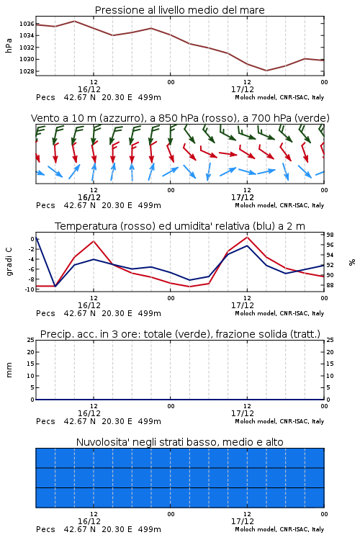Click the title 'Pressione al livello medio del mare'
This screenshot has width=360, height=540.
pos(179,10)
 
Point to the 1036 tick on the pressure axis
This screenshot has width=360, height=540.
pos(27,24)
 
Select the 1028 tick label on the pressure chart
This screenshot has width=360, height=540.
pos(27,71)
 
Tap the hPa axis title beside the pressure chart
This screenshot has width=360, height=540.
pos(9,45)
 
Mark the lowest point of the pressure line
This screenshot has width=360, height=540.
pos(266,71)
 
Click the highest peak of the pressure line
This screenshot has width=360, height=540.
pos(74,21)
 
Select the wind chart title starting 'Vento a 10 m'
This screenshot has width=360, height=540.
pos(180,118)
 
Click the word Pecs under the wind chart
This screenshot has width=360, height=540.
pos(45,205)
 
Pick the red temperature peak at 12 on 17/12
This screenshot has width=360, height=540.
pos(247,237)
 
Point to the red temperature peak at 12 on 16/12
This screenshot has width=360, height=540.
pos(94,241)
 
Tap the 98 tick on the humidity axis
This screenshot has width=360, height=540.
pos(330,235)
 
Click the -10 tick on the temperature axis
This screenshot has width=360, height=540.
pos(30,289)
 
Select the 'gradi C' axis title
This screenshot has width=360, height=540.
pos(9,261)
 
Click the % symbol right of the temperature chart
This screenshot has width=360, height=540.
pos(352,262)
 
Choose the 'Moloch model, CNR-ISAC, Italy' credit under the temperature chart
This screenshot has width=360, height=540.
pos(279,313)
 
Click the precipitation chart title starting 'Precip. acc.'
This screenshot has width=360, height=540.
pos(180,334)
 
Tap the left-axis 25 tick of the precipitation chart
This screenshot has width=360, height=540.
pos(31,340)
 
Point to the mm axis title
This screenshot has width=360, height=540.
pos(9,370)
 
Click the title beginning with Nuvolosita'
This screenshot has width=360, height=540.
pos(179,442)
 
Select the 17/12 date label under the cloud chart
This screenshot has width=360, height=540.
pos(243,521)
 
